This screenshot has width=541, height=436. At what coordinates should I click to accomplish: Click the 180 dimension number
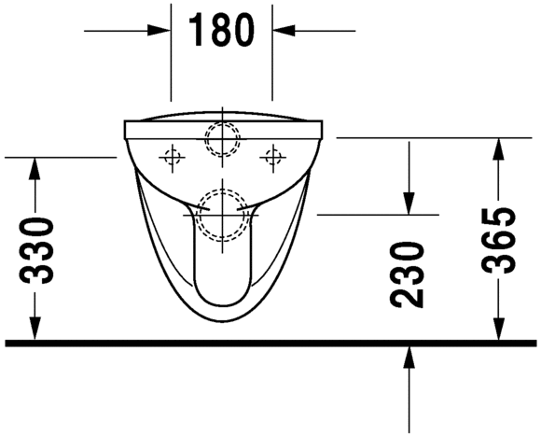coord(221,31)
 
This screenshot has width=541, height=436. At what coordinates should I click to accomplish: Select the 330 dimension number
coord(36,250)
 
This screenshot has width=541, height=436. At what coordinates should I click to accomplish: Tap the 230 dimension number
coord(407,274)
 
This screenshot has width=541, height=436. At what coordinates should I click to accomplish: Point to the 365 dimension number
coord(499,241)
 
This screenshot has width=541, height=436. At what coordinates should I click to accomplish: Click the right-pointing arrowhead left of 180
coord(160,31)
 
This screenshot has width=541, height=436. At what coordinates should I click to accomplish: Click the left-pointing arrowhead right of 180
coord(284,31)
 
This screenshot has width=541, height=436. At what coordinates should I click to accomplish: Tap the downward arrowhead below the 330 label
coord(35,328)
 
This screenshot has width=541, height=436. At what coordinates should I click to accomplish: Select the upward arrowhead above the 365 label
coord(498,149)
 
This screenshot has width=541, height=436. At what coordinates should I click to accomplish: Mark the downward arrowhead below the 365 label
coord(498,328)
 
